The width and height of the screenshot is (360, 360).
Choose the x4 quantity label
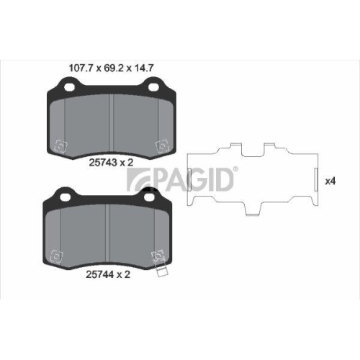[330, 181]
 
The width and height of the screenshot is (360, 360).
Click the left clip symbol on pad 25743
[62, 148]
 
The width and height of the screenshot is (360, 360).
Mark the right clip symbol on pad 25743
[160, 147]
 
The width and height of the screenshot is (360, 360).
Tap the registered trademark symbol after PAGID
[235, 168]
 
